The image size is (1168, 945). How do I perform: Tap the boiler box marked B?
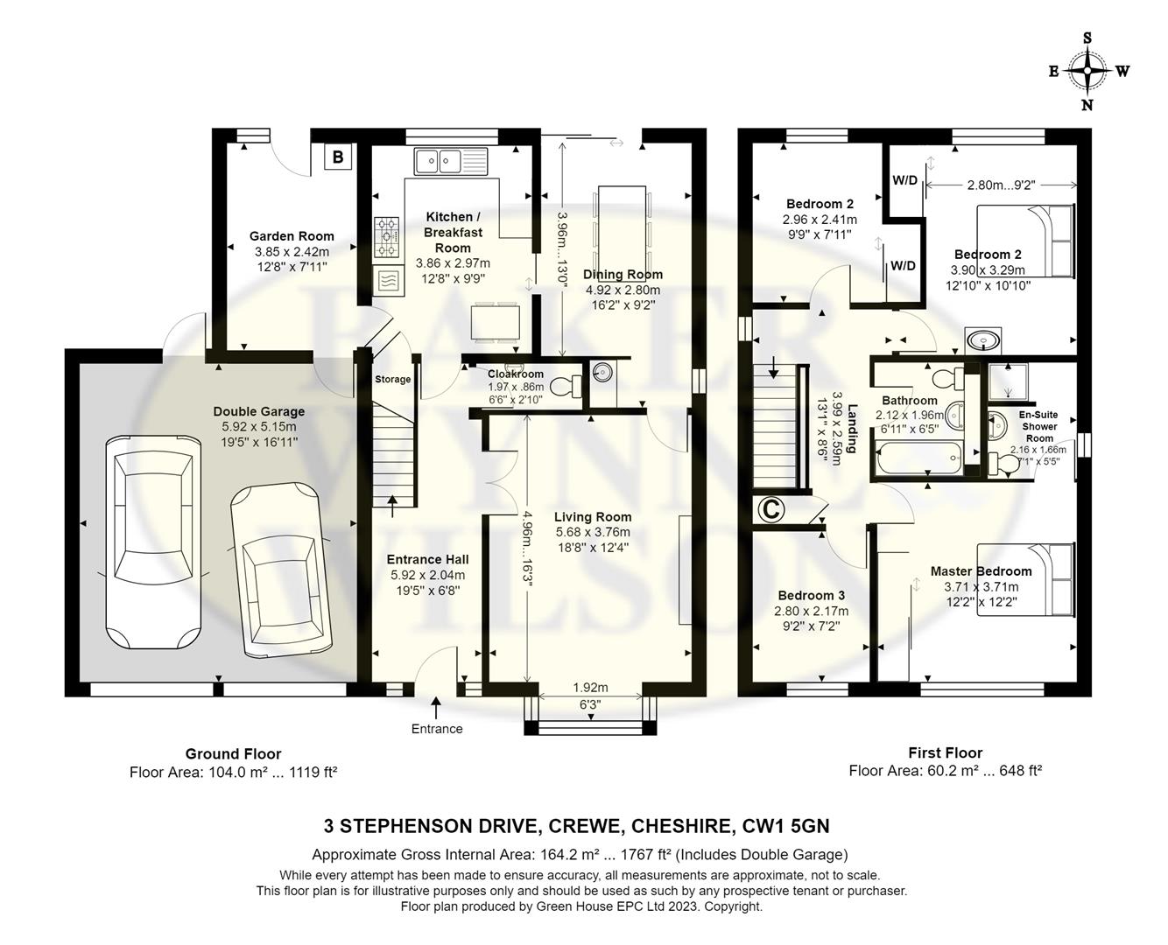coord(338,157)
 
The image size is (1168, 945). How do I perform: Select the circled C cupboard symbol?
coord(771,509)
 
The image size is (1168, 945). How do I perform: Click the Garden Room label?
coord(292,236)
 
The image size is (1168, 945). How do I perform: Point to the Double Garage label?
coord(259,411)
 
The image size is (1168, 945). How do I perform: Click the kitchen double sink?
coord(451,161)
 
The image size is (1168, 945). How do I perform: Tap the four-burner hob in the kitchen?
coord(387,237)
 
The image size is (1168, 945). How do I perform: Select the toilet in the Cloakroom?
coord(566,386)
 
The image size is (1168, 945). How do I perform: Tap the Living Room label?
coord(593,516)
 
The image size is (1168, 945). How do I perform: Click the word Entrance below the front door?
coord(437,729)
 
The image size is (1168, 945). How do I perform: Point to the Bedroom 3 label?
coord(811,596)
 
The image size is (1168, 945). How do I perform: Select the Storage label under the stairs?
coord(392,379)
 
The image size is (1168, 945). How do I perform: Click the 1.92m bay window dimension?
coord(590,688)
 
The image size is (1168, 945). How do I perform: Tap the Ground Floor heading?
coord(233,753)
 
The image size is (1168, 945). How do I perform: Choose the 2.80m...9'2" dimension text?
coord(1001,185)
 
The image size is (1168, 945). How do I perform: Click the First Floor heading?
coord(946,752)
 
